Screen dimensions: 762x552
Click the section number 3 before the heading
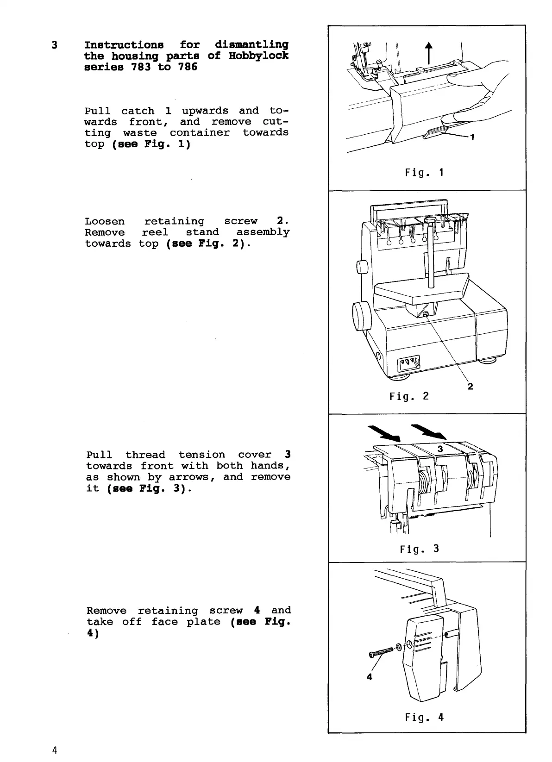(x=55, y=45)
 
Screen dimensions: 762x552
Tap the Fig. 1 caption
(x=424, y=173)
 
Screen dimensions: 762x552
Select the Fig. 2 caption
(x=409, y=396)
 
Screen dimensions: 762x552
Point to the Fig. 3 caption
(x=419, y=549)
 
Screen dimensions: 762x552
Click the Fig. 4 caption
(x=424, y=717)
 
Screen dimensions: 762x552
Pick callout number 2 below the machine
(x=470, y=387)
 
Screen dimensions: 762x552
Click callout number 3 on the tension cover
(x=440, y=449)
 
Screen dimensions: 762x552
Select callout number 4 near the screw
(x=369, y=676)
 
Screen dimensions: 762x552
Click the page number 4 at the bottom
(x=55, y=750)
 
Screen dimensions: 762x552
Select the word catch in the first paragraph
(x=138, y=111)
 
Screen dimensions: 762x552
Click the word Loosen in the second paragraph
(x=105, y=222)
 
